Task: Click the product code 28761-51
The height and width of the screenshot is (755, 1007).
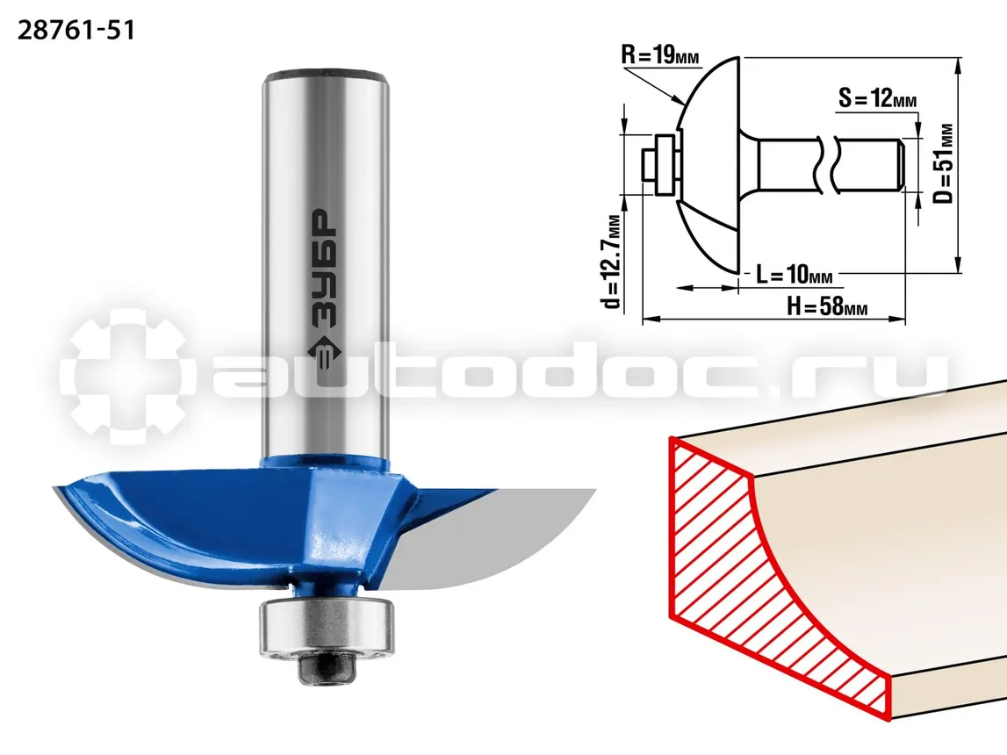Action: pos(76,31)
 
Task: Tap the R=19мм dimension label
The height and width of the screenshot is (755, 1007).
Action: pos(659,55)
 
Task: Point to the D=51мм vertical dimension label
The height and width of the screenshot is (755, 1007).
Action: pos(944,163)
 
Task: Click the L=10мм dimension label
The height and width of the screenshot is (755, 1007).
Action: pos(794,275)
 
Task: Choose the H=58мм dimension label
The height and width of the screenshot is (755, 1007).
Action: pos(827,306)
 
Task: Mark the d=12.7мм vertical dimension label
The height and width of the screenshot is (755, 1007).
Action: pos(613,261)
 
